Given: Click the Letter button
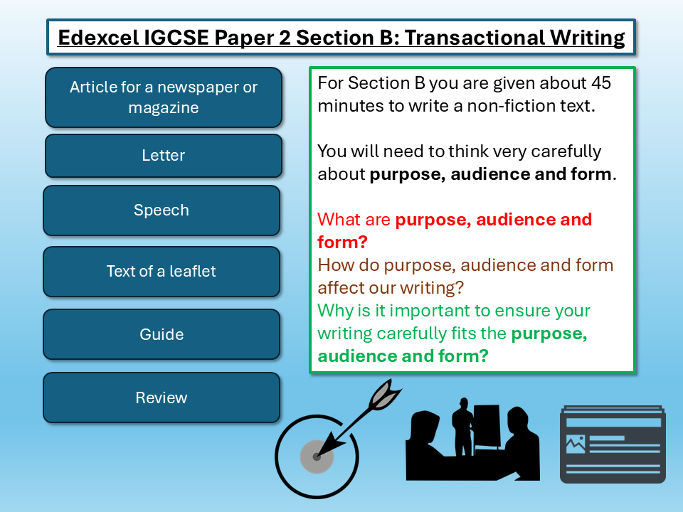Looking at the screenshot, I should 163,156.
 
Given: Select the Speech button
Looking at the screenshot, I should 162,210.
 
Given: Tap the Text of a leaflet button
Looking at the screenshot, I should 162,272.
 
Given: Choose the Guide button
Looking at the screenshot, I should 162,334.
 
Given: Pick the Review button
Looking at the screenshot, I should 162,398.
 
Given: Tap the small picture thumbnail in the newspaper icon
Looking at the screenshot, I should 575,444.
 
